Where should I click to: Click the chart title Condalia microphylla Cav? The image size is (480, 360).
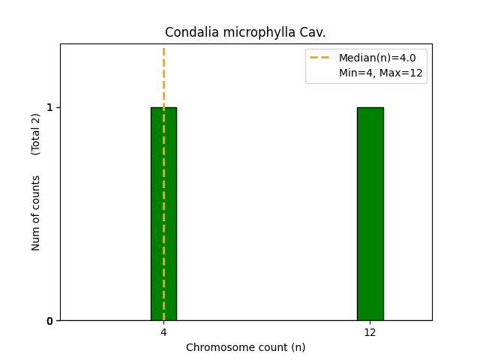click(x=245, y=33)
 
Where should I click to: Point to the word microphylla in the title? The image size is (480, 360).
click(x=254, y=33)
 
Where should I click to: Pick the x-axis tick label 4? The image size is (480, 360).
click(x=163, y=332)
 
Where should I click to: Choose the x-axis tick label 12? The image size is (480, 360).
click(x=370, y=332)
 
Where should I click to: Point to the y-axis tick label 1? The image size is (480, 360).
click(x=50, y=107)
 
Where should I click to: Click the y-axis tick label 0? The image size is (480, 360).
click(x=50, y=321)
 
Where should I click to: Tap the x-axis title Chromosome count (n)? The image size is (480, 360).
click(x=245, y=347)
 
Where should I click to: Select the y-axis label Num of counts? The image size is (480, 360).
click(x=36, y=213)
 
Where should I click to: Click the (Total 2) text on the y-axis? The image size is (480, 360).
click(x=36, y=134)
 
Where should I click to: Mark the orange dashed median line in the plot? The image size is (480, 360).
click(x=163, y=75)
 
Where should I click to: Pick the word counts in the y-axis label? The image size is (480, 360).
click(x=36, y=191)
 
